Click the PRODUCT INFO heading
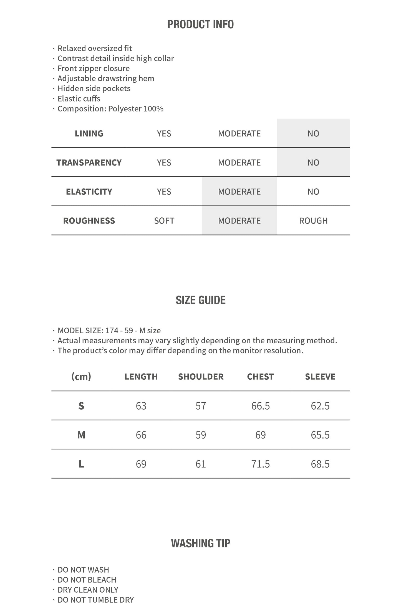(200, 24)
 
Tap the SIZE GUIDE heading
(200, 300)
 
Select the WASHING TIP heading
(200, 543)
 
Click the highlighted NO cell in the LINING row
(313, 134)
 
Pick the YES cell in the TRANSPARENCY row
(164, 163)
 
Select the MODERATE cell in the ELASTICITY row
(239, 192)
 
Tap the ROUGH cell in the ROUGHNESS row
(313, 221)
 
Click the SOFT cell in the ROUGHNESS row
(164, 221)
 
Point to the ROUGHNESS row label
(89, 221)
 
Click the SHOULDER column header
(201, 377)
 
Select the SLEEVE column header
(320, 377)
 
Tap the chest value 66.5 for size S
(260, 406)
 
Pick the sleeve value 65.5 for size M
(320, 435)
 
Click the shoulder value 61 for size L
(201, 464)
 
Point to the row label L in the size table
(81, 464)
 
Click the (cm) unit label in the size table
(81, 377)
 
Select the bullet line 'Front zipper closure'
(93, 68)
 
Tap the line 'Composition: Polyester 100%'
(110, 109)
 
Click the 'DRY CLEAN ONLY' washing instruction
(88, 590)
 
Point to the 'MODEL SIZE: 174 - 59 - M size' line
(109, 331)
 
